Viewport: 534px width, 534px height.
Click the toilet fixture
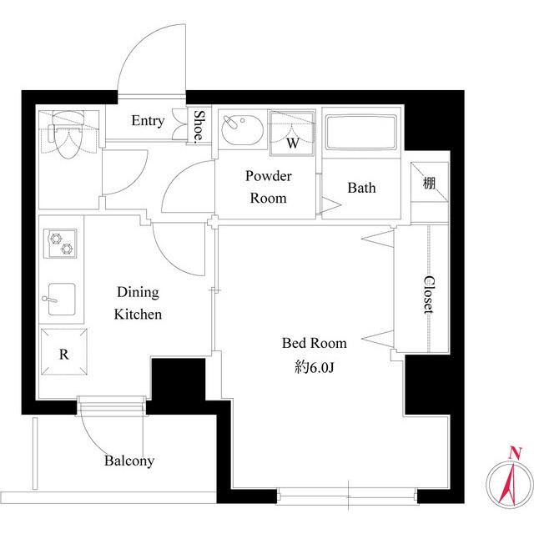pos(68,134)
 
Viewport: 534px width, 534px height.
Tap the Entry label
pos(148,120)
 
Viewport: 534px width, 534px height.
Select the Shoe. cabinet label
pos(199,126)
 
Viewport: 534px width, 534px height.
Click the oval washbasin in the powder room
pos(242,130)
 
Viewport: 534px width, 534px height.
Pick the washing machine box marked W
pos(292,133)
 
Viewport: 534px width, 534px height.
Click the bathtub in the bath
pos(361,133)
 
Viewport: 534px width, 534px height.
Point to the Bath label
pos(361,188)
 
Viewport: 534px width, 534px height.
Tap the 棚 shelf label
pos(429,184)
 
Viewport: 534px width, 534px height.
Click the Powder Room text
pos(269,187)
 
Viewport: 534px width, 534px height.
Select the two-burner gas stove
pos(60,243)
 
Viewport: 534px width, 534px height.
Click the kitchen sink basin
pos(62,299)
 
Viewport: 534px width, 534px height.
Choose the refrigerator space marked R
pos(64,351)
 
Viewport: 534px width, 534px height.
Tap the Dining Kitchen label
pos(138,303)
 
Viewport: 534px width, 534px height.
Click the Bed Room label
pos(315,343)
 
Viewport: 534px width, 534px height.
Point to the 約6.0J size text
pos(314,367)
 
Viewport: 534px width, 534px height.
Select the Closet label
pos(428,295)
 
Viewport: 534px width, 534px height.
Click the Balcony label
pos(129,461)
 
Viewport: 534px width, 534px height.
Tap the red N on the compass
pos(516,453)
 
